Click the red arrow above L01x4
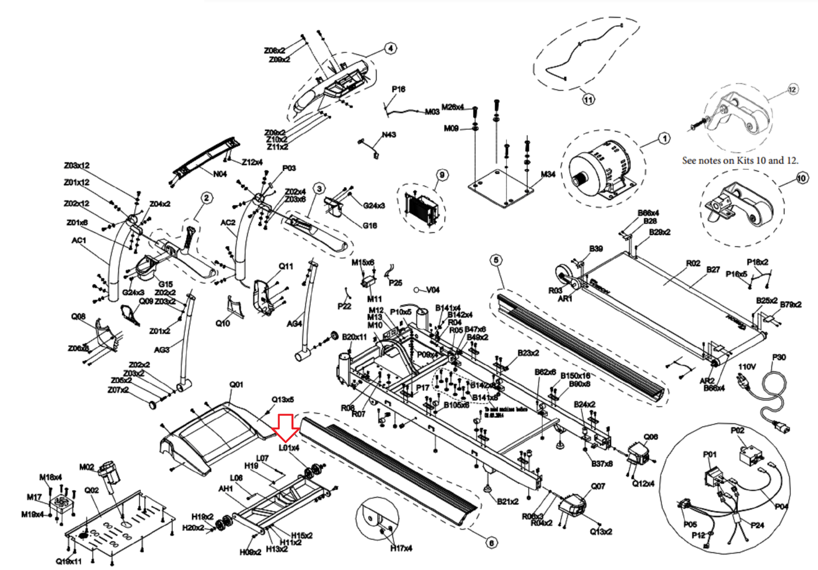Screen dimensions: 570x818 285,427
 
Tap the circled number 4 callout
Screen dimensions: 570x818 391,49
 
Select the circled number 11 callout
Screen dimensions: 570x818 588,100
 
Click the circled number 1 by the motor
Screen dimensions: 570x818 664,139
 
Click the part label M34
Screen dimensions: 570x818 548,174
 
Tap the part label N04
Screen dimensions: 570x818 220,174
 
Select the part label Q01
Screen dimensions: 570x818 236,384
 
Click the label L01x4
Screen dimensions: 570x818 289,448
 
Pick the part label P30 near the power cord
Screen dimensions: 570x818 779,357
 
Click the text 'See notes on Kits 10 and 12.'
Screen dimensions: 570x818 740,161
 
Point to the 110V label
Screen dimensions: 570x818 746,367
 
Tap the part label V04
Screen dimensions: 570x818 433,290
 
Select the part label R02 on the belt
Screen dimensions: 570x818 693,263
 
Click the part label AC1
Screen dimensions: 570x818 79,240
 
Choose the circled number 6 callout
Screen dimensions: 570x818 491,543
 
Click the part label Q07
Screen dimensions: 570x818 598,486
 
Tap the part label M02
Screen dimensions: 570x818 86,467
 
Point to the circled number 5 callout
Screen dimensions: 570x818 496,260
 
